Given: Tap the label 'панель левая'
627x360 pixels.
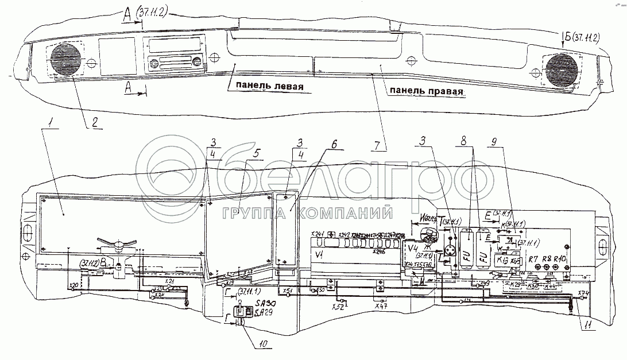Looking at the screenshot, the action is coord(265,87).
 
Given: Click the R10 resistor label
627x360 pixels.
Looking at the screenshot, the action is coord(560,260).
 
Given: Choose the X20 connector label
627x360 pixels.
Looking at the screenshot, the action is coord(73,285).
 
